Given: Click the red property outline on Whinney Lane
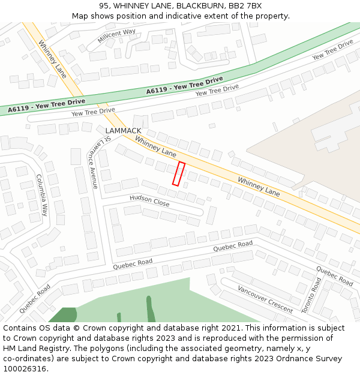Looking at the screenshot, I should pyautogui.click(x=178, y=173).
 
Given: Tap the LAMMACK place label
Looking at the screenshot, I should pyautogui.click(x=123, y=131).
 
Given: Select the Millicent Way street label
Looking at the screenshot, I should pyautogui.click(x=116, y=36).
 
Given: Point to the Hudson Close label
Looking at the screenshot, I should pyautogui.click(x=149, y=200).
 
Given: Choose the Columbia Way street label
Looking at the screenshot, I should pyautogui.click(x=41, y=195).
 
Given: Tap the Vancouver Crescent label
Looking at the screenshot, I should pyautogui.click(x=265, y=299).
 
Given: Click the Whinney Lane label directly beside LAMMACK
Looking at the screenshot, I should pyautogui.click(x=155, y=146).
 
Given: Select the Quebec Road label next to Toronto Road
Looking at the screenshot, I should pyautogui.click(x=334, y=276).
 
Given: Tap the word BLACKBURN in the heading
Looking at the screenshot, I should pyautogui.click(x=199, y=5).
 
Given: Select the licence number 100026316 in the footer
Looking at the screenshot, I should pyautogui.click(x=24, y=369).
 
